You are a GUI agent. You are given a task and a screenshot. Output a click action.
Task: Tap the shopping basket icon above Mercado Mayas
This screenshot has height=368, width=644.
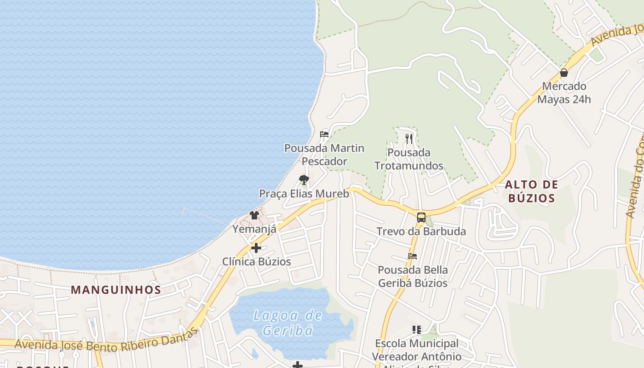coord(564,73)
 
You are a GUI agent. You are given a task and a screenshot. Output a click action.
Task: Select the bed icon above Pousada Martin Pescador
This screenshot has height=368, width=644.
coord(324,134)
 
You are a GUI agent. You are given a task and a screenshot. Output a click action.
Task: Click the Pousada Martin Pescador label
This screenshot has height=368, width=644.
coord(324,155)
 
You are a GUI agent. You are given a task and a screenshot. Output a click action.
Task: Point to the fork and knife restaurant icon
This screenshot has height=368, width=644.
coord(409,138)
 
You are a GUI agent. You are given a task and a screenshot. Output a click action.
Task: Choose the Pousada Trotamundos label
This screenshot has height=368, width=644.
coord(409,159)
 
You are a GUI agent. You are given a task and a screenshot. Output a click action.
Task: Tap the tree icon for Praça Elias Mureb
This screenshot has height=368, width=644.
coord(303,180)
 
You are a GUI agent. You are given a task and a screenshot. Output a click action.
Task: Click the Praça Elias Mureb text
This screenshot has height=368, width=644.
coord(304,194)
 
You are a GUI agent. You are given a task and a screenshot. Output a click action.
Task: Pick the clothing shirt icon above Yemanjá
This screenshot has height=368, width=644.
coord(254,215)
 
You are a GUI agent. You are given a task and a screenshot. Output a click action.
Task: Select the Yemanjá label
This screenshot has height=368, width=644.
coord(254,229)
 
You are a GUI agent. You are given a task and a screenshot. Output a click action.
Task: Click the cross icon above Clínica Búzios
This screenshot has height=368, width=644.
coord(256,248)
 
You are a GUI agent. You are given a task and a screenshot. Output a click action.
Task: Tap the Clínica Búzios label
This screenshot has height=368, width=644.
coord(256,261)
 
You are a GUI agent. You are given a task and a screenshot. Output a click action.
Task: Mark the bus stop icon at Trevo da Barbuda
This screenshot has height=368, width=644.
coord(421,218)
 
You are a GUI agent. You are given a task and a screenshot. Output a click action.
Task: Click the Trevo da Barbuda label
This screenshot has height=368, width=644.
coord(421,231)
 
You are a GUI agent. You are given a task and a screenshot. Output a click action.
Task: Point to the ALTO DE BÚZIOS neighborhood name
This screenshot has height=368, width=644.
coord(531,191)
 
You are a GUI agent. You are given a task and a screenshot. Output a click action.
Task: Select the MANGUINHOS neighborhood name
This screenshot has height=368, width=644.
coord(116,290)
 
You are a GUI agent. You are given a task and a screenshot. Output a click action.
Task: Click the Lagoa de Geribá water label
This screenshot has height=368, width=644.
coord(288,322)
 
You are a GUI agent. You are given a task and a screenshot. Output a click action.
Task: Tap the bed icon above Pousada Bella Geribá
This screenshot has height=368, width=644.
coord(413,256)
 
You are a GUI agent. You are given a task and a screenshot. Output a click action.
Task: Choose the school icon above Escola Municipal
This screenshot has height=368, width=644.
coord(417,329)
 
